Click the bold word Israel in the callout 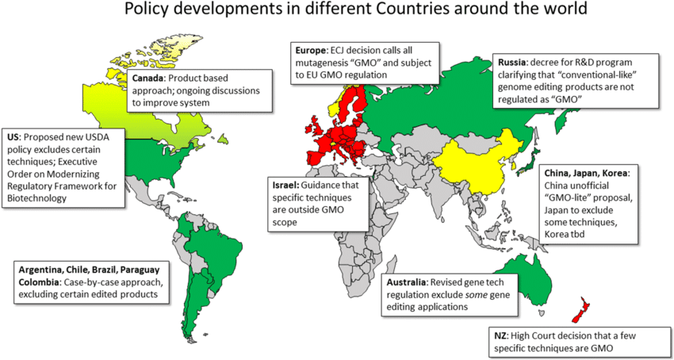(285, 185)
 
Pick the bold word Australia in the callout (407, 283)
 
